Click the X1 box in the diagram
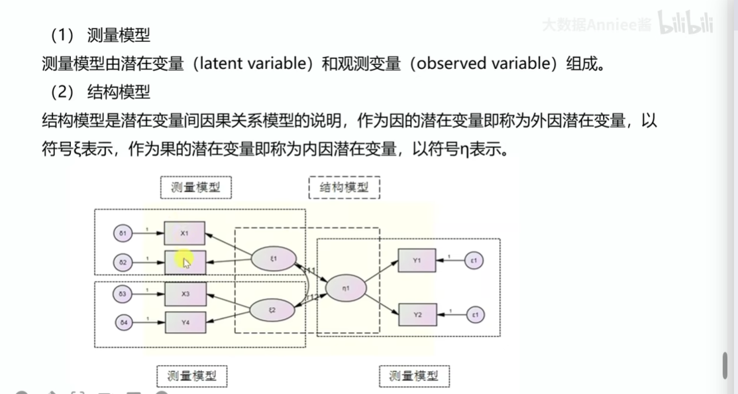click(x=185, y=233)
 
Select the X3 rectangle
click(x=185, y=293)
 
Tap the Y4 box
click(x=185, y=323)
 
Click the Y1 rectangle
click(x=417, y=261)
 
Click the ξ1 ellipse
click(x=273, y=258)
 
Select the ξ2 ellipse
click(x=273, y=310)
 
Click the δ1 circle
click(x=123, y=233)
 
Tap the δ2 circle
click(x=123, y=263)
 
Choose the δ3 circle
click(x=123, y=293)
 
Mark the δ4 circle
click(x=123, y=323)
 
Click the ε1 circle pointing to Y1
click(x=474, y=260)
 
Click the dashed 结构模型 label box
click(x=344, y=188)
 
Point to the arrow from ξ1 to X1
click(x=229, y=243)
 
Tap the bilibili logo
click(x=685, y=24)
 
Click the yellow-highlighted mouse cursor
click(x=185, y=261)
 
